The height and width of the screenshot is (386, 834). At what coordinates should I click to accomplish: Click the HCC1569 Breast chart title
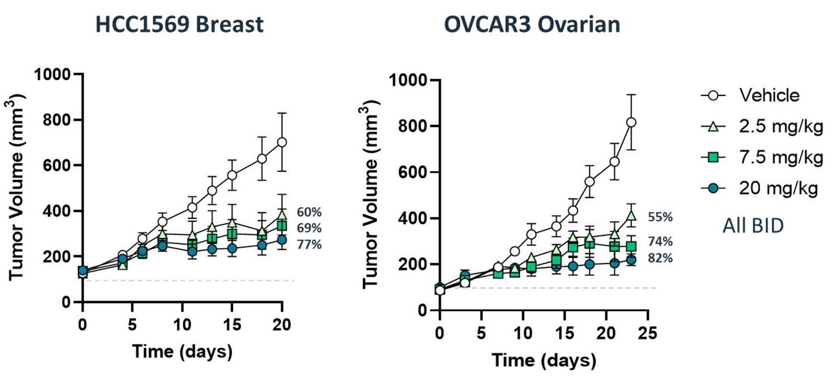(x=179, y=24)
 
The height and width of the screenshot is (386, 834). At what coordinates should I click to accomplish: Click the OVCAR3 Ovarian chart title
(x=532, y=24)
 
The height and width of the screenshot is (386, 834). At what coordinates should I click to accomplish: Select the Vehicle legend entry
(x=769, y=95)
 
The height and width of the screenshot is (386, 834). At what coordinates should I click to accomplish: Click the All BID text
(x=753, y=225)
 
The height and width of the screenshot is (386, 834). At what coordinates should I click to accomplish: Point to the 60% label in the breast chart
(x=309, y=212)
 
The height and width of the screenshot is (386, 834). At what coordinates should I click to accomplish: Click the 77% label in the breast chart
(x=309, y=245)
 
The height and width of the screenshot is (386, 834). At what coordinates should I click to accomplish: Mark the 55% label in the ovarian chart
(x=660, y=217)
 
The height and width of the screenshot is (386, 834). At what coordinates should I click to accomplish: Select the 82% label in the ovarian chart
(x=660, y=258)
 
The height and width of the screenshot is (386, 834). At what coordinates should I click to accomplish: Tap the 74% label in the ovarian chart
(x=660, y=242)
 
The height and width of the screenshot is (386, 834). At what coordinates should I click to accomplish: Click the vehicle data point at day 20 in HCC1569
(x=282, y=142)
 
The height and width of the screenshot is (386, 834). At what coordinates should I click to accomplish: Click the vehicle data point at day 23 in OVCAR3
(x=631, y=122)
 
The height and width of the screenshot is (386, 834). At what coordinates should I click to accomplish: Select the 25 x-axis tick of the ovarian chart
(x=647, y=333)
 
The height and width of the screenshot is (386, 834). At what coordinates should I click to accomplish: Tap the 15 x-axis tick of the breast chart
(x=232, y=324)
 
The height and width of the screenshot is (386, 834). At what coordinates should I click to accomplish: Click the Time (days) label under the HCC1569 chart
(x=182, y=351)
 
